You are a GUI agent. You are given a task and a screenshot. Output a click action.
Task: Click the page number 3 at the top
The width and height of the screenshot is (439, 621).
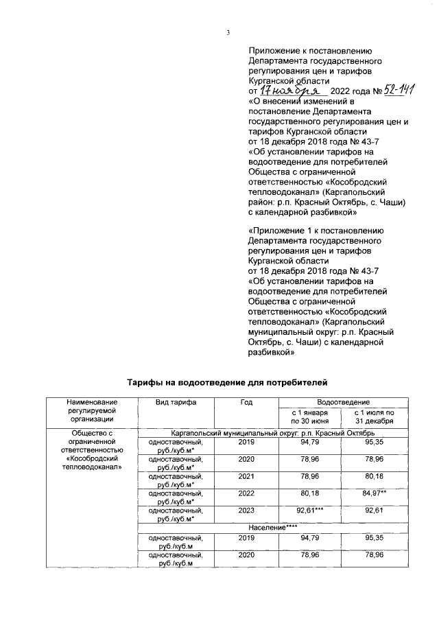tap(227, 32)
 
